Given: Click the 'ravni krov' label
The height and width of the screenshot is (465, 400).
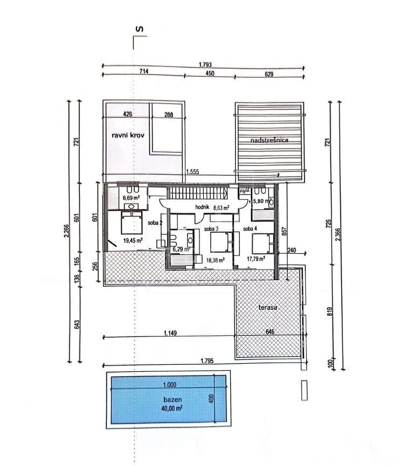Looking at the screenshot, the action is pyautogui.click(x=128, y=135).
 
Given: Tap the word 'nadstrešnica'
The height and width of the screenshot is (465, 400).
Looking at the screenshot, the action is pyautogui.click(x=269, y=140).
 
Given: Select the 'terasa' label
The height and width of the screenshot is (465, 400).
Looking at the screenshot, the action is pyautogui.click(x=268, y=307).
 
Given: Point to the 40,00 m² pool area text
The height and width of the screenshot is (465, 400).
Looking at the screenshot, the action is pyautogui.click(x=172, y=408).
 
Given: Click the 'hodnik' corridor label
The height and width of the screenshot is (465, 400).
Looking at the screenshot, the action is pyautogui.click(x=202, y=207).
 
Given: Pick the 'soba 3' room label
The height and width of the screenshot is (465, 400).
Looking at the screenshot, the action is pyautogui.click(x=211, y=229).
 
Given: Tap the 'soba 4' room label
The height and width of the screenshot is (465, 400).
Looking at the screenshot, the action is pyautogui.click(x=250, y=228).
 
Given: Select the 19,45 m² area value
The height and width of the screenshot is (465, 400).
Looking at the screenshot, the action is pyautogui.click(x=133, y=240).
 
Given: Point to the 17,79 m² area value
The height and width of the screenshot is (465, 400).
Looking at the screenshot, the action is pyautogui.click(x=256, y=259).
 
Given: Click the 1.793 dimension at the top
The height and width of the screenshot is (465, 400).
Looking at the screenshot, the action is pyautogui.click(x=205, y=65).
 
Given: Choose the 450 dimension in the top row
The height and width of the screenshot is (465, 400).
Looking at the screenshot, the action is pyautogui.click(x=210, y=73).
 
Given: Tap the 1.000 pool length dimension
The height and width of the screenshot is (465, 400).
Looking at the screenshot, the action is pyautogui.click(x=169, y=385).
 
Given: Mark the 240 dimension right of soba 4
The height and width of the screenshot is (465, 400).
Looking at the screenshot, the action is pyautogui.click(x=292, y=251).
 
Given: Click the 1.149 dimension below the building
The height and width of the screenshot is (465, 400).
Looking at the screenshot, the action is pyautogui.click(x=170, y=333).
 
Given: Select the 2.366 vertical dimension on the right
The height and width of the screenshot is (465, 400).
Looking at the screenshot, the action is pyautogui.click(x=338, y=234).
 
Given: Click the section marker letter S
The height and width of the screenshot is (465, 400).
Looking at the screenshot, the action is pyautogui.click(x=139, y=29).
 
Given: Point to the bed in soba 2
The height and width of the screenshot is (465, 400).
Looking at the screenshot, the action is pyautogui.click(x=132, y=223).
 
